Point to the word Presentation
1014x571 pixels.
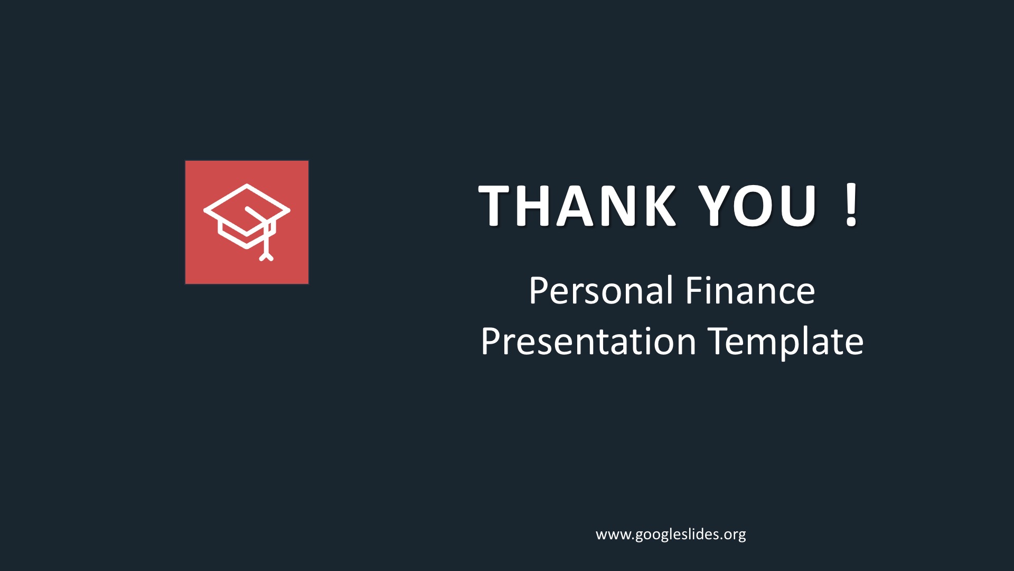pos(589,341)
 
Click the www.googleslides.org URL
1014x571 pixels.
pos(671,535)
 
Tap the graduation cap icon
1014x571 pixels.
pos(247,222)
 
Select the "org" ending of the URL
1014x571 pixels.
pos(734,536)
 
